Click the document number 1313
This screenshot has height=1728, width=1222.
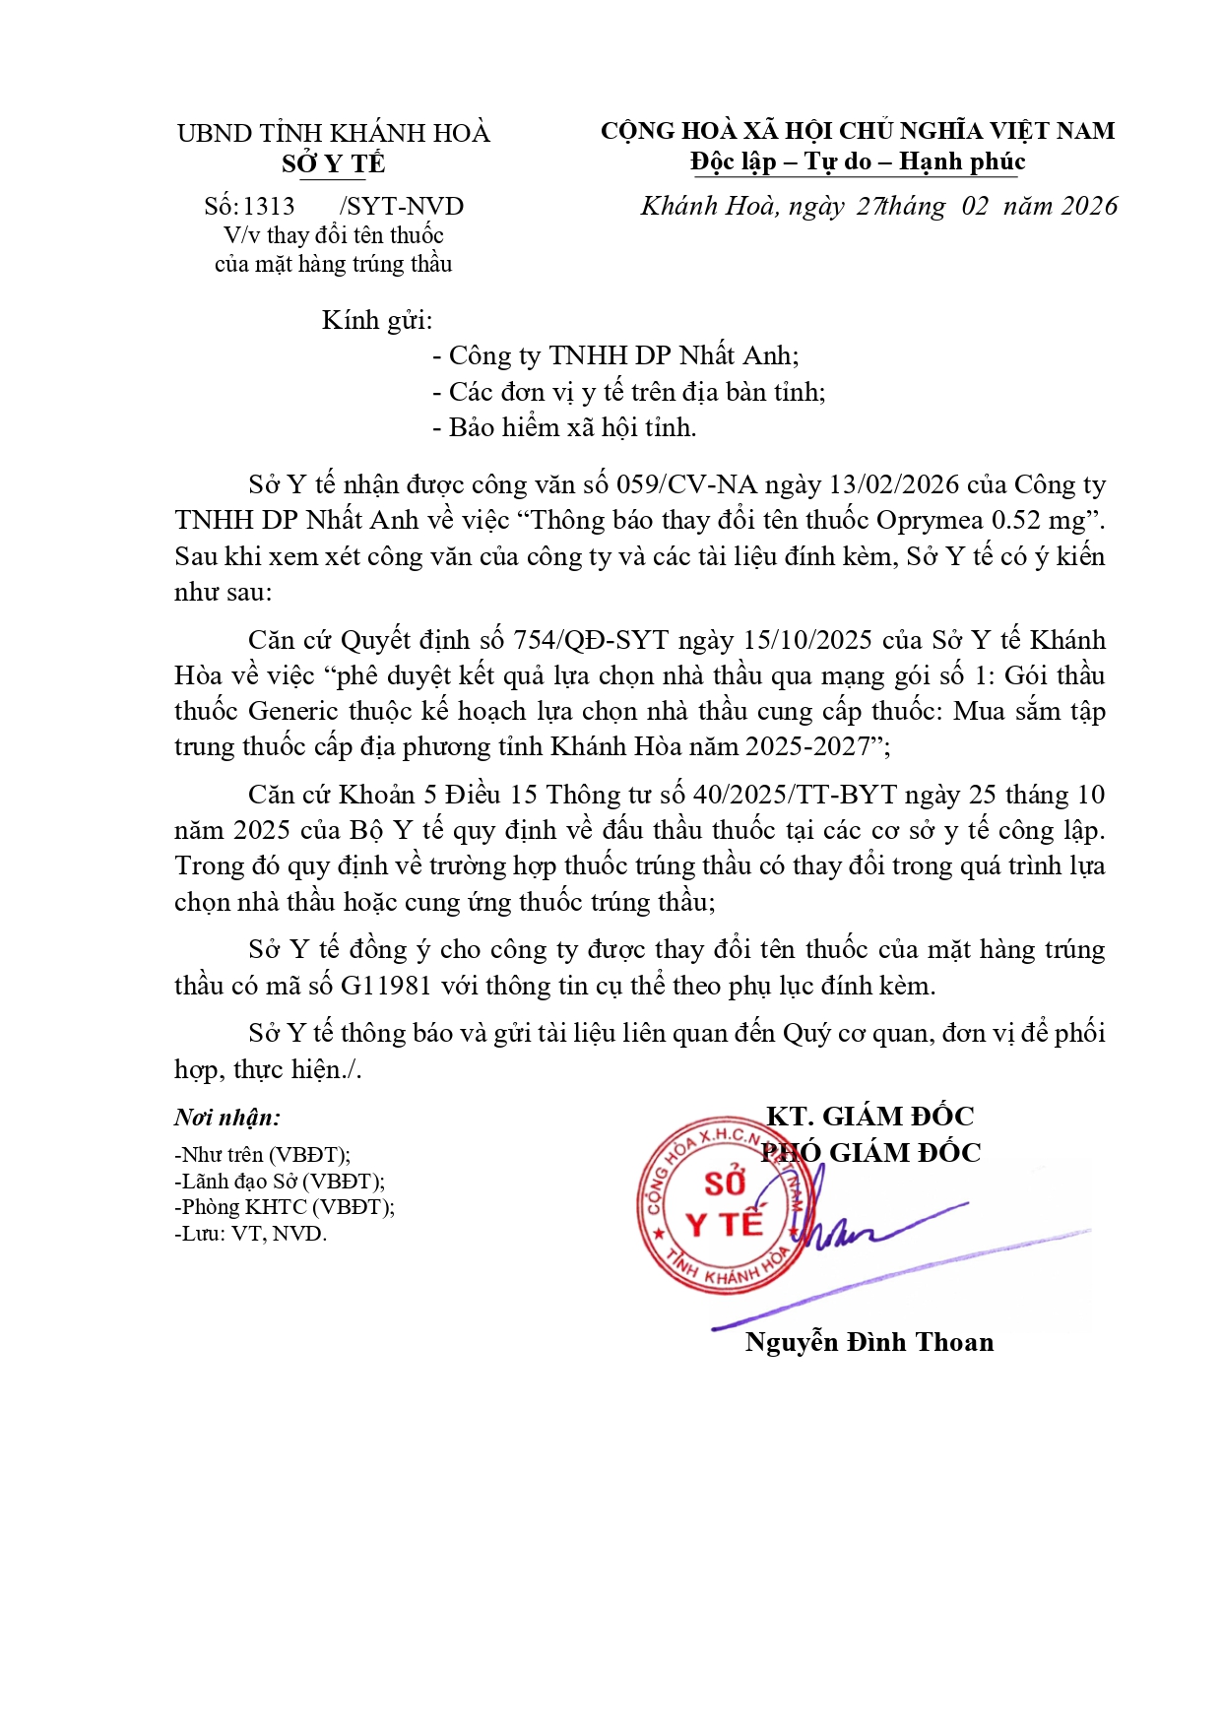pos(268,206)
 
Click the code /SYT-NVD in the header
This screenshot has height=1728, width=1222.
pos(401,206)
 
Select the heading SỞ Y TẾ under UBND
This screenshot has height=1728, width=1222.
pos(333,163)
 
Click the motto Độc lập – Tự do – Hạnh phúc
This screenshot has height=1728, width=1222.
pos(857,161)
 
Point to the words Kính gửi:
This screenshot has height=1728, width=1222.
pos(377,320)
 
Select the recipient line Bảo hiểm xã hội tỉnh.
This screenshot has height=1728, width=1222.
pos(572,427)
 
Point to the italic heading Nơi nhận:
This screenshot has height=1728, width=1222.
pos(227,1118)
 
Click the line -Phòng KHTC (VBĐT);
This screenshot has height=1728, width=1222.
pos(285,1207)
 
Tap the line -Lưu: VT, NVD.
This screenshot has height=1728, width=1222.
pos(250,1234)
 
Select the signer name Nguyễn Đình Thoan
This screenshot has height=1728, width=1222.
pos(868,1342)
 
